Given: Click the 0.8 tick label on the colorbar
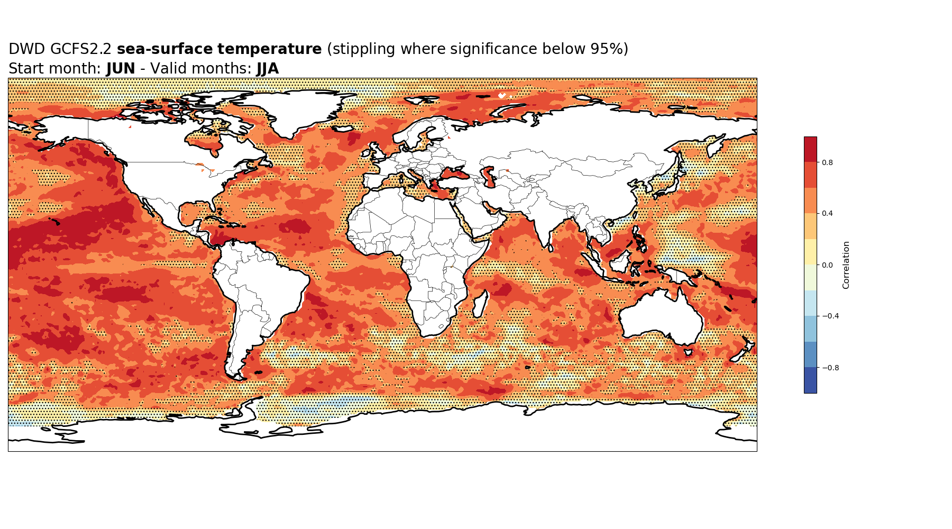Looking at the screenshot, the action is tap(827, 162).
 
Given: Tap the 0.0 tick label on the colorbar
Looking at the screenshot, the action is tap(827, 265).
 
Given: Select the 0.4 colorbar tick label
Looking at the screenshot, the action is tap(827, 214).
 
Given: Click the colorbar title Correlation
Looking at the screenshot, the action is tap(846, 265).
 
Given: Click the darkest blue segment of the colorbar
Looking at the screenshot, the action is tap(810, 380).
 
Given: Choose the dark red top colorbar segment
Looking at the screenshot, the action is tap(810, 149).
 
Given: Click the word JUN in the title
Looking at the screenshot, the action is tap(121, 69).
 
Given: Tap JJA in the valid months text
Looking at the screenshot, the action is tap(268, 69).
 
